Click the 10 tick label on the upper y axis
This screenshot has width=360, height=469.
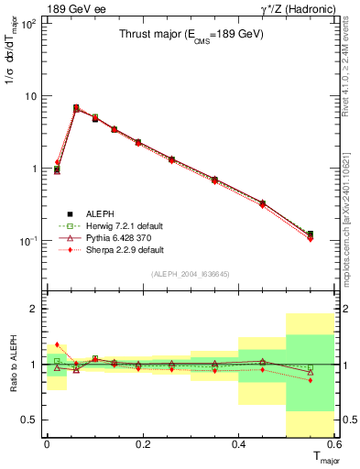point(29,96)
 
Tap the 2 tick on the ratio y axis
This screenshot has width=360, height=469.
point(32,310)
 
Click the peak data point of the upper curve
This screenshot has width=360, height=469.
point(76,108)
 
